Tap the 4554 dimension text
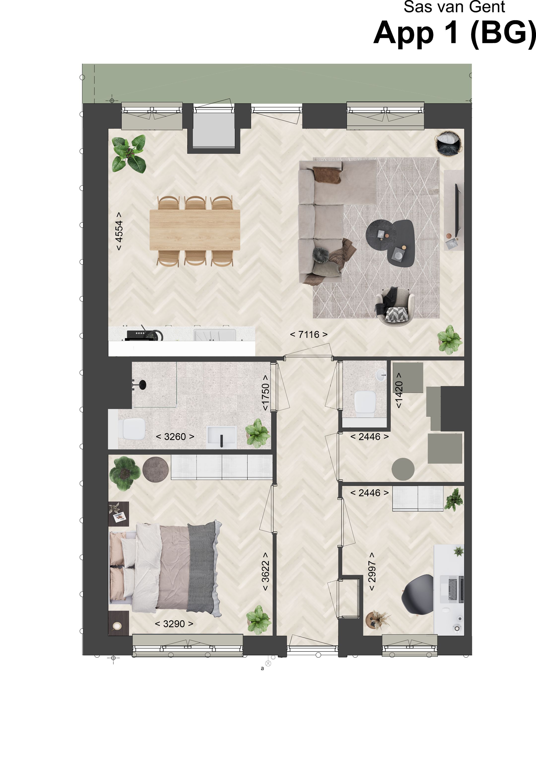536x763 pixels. pyautogui.click(x=119, y=231)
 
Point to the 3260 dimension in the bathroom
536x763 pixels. pyautogui.click(x=175, y=437)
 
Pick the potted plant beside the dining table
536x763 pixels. pyautogui.click(x=129, y=153)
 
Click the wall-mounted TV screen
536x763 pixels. pyautogui.click(x=458, y=209)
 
